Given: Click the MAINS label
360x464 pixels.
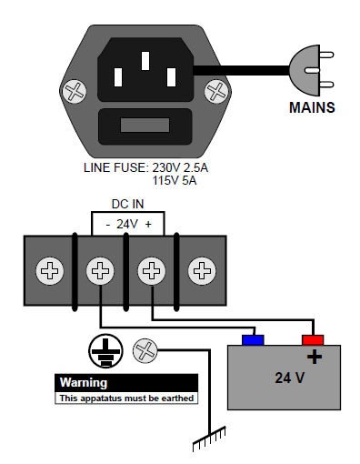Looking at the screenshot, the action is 312,107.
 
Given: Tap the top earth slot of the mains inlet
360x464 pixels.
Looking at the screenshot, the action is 145,61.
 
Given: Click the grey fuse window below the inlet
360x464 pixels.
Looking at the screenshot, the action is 145,126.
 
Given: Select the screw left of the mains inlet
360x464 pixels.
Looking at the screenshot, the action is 75,91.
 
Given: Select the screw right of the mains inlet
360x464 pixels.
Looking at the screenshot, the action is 216,91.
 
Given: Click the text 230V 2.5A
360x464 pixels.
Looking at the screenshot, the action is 180,167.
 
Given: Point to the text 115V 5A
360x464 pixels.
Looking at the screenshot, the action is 175,181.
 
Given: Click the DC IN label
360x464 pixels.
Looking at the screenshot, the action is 127,204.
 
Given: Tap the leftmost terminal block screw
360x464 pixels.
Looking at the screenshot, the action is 50,270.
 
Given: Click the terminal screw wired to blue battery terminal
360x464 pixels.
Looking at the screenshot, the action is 100,270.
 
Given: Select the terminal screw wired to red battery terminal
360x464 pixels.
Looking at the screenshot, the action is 152,270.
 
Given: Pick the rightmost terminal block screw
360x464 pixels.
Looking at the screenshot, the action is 202,270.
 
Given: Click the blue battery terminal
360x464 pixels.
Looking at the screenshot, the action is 253,340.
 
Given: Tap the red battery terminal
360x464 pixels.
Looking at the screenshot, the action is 313,340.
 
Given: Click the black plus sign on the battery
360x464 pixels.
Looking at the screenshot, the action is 315,357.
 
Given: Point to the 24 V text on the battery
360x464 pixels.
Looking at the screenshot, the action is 290,378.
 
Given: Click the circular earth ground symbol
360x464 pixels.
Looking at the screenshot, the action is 105,351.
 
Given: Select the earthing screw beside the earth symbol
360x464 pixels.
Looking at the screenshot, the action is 145,351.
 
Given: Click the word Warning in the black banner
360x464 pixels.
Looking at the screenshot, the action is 84,383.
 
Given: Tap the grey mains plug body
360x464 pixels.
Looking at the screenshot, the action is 305,70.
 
